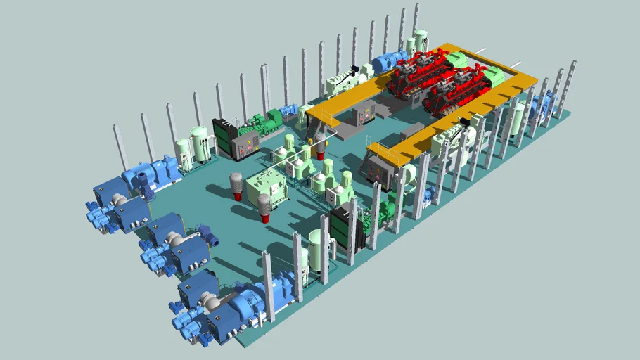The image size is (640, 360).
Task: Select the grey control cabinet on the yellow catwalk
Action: [x=366, y=111]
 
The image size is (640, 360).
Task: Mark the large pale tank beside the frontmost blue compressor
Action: [x=317, y=250]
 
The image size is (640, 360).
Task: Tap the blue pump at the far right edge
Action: [x=546, y=105]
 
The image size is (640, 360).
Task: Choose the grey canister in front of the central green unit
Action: [x=264, y=207]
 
